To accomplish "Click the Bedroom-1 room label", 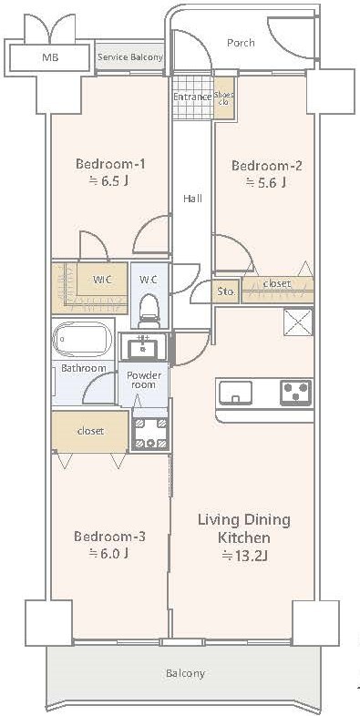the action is click(110, 163).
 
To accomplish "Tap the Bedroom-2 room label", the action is click(266, 165).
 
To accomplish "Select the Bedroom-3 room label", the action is click(109, 536).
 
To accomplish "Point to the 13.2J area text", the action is click(244, 556).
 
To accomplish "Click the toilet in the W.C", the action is click(148, 311).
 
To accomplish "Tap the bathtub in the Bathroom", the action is click(82, 340).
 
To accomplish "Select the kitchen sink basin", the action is click(235, 393).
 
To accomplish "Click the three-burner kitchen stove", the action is click(296, 393).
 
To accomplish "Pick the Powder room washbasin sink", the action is click(144, 348).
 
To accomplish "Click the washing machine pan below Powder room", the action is click(150, 433).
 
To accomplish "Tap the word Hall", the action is click(192, 199).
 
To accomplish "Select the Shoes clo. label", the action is click(224, 98).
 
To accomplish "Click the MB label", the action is click(50, 58).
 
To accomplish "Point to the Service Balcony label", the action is click(130, 57).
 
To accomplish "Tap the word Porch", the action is click(241, 43).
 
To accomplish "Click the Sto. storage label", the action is click(225, 292).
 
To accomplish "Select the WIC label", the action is click(103, 280).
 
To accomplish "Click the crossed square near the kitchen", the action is click(298, 322).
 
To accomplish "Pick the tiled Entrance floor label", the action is click(193, 97).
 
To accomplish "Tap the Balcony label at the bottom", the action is click(186, 673).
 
